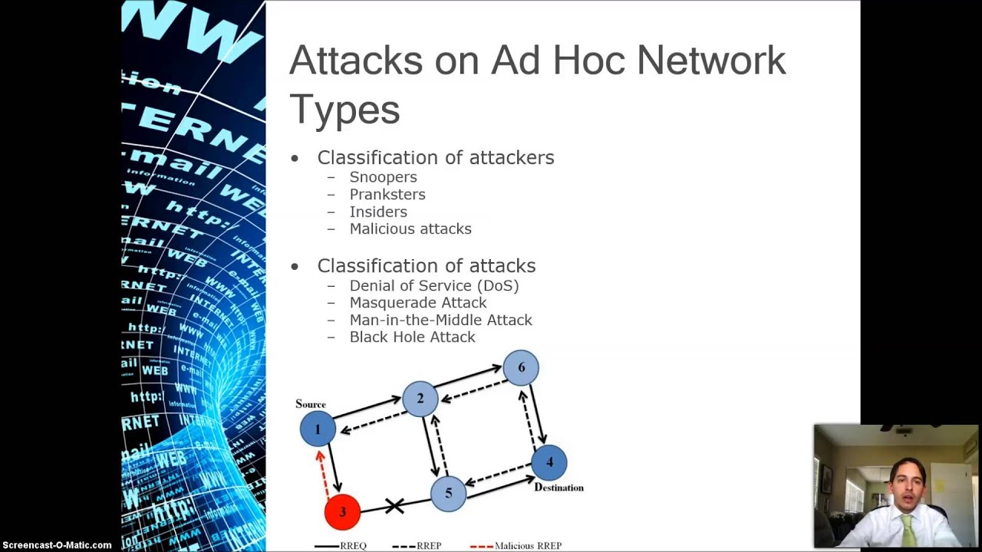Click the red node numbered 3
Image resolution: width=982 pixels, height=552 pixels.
point(342,511)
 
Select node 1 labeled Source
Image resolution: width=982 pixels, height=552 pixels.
point(318,429)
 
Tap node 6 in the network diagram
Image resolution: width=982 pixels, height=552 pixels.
point(521,368)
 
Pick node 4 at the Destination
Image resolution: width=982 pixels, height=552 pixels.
point(549,462)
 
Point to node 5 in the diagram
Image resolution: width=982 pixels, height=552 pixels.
point(448,493)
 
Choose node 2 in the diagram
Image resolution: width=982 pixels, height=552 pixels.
point(420,399)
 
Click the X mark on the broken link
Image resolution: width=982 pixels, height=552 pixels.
point(394,505)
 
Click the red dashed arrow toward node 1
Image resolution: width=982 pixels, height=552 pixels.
point(325,472)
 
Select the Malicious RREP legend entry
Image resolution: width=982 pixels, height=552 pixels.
point(528,546)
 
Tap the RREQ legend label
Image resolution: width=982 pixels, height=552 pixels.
point(353,546)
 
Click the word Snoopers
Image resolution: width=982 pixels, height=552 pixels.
point(383,177)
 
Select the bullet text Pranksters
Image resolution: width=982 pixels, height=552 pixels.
point(387,195)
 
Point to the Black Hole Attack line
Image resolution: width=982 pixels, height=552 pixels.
point(412,337)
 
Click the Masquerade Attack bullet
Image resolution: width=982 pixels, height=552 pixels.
point(418,303)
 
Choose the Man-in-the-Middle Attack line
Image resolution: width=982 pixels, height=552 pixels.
point(440,320)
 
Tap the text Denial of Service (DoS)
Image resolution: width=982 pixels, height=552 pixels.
point(434,286)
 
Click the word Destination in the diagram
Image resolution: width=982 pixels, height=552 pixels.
point(559,488)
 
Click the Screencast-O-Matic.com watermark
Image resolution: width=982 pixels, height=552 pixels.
point(57,545)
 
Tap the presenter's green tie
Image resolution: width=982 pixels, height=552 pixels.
point(908,528)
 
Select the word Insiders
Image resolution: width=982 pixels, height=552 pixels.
point(378,212)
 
